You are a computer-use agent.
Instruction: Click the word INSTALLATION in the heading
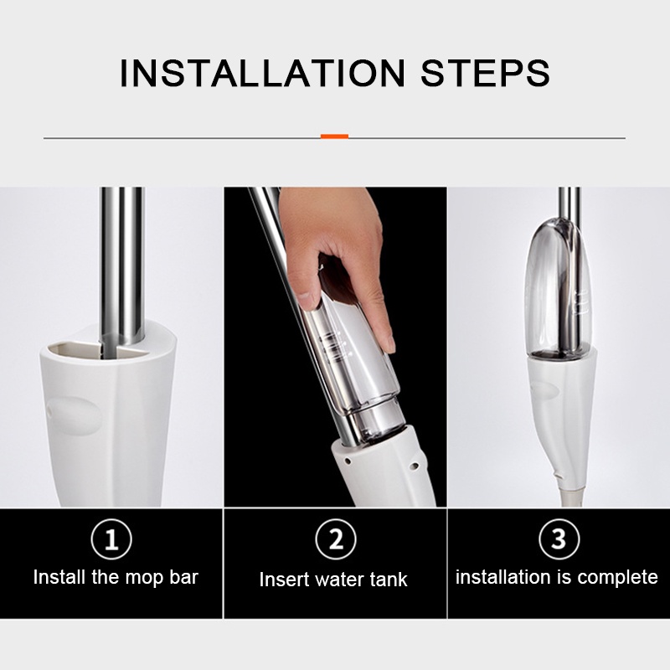262,73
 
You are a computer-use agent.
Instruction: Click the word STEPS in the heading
486,73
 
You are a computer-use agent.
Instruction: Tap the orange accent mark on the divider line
334,137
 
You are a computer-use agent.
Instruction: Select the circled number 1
111,539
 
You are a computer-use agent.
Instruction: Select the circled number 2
336,539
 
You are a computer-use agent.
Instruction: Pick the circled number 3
559,539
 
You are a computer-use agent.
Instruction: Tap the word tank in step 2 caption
389,580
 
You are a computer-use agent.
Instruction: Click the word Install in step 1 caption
60,577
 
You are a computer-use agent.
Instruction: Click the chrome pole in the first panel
121,265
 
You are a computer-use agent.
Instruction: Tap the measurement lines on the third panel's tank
581,302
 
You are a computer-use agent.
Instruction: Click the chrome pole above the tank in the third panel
569,203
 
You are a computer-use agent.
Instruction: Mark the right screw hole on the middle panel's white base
413,466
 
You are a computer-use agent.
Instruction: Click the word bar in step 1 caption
183,577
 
